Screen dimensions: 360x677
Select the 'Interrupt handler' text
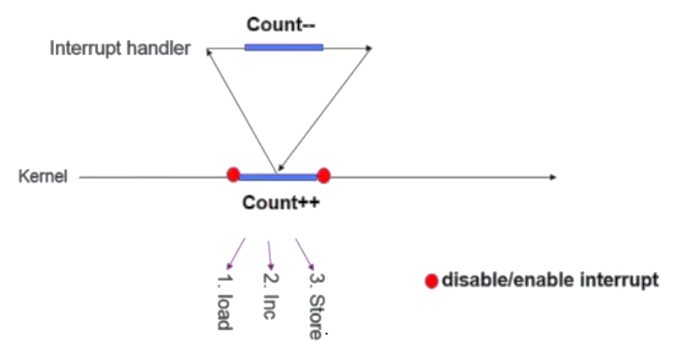pyautogui.click(x=119, y=48)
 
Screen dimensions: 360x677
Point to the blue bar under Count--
pyautogui.click(x=283, y=47)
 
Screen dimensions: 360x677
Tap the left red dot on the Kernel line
pyautogui.click(x=234, y=175)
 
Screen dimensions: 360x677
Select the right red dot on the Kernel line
pyautogui.click(x=323, y=176)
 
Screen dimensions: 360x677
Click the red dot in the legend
pyautogui.click(x=430, y=282)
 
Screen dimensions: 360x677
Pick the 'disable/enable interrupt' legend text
pyautogui.click(x=549, y=281)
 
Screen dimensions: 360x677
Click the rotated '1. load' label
pyautogui.click(x=222, y=302)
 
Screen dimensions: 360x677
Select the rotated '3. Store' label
pyautogui.click(x=315, y=305)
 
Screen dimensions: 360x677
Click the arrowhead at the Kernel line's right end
pyautogui.click(x=552, y=177)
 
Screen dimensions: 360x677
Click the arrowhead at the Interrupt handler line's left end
pyautogui.click(x=210, y=51)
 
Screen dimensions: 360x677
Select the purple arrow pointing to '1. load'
pyautogui.click(x=235, y=254)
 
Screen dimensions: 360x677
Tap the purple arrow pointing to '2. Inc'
pyautogui.click(x=270, y=255)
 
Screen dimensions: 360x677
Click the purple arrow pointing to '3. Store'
pyautogui.click(x=305, y=254)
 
